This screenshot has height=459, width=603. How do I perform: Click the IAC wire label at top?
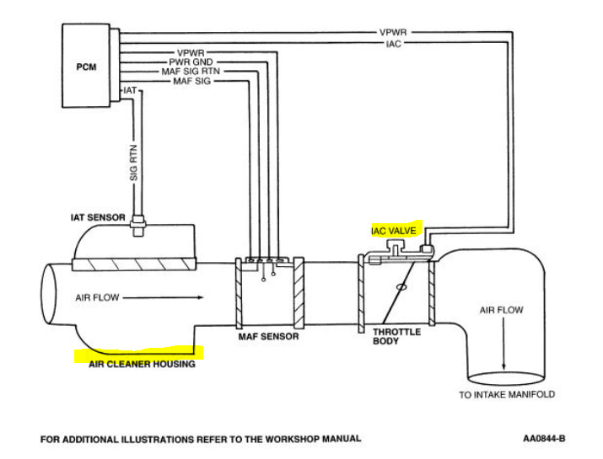pos(394,42)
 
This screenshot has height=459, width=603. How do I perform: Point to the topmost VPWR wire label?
pos(395,33)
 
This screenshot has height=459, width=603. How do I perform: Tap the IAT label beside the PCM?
pos(130,89)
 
